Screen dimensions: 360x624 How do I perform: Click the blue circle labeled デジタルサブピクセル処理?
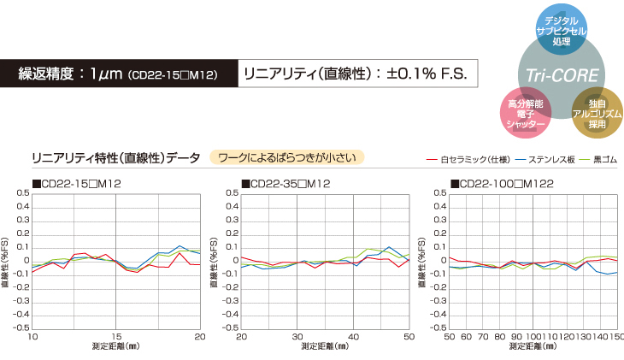pyautogui.click(x=561, y=29)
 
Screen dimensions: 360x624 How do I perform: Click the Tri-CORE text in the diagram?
pyautogui.click(x=561, y=74)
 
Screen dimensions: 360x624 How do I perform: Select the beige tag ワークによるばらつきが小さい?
pyautogui.click(x=286, y=157)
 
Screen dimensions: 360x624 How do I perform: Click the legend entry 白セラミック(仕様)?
pyautogui.click(x=467, y=159)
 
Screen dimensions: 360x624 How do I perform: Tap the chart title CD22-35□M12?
pyautogui.click(x=286, y=184)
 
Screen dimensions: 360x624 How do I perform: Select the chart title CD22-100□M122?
pyautogui.click(x=499, y=184)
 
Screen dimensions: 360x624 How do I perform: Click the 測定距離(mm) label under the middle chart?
pyautogui.click(x=325, y=347)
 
